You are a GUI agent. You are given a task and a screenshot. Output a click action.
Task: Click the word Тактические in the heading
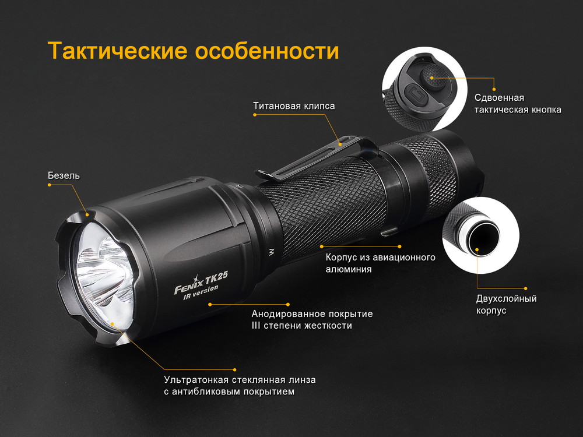coord(117,51)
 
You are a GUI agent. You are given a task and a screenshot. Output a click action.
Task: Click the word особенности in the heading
coord(268,51)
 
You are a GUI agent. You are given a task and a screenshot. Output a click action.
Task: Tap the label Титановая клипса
coord(294,106)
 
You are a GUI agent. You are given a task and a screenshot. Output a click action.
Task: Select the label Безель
coord(64,175)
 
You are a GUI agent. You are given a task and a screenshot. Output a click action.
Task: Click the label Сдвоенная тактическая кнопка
coord(518,104)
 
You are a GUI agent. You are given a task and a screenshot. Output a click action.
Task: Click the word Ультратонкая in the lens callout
coord(197,380)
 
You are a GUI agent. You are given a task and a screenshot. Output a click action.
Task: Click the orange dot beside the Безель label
coord(50,185)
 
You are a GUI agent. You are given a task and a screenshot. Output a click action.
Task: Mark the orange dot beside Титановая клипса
coord(255,115)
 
